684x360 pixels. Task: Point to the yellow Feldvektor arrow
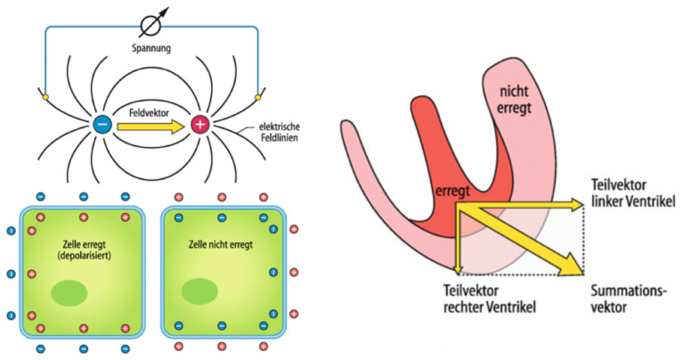coord(151,126)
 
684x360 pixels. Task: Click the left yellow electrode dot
coord(45,94)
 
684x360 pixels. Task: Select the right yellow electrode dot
coord(258,94)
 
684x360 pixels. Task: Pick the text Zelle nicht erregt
coord(224,242)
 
